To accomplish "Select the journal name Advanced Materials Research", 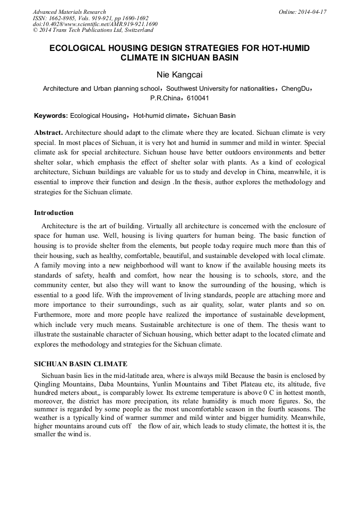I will (x=69, y=12).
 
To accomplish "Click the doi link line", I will (x=95, y=24).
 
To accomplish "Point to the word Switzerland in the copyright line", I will (x=136, y=30).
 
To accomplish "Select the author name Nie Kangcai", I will (x=179, y=75).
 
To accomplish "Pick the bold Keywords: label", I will (x=51, y=115).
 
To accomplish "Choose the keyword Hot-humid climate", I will (x=159, y=115).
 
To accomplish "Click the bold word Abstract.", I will (x=48, y=132).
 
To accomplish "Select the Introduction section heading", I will (x=54, y=213).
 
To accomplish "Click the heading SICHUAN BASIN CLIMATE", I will (x=81, y=364).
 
